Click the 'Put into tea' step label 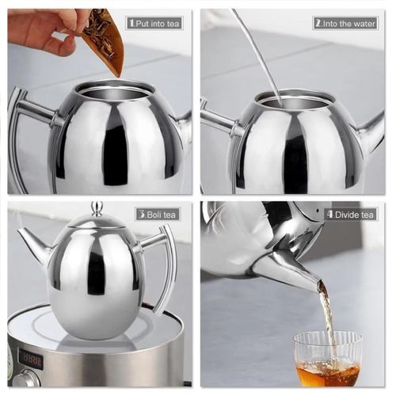tap(155, 23)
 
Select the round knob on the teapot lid tap(97, 208)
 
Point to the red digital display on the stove tap(30, 358)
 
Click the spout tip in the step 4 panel tap(317, 283)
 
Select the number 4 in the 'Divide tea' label tap(329, 214)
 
